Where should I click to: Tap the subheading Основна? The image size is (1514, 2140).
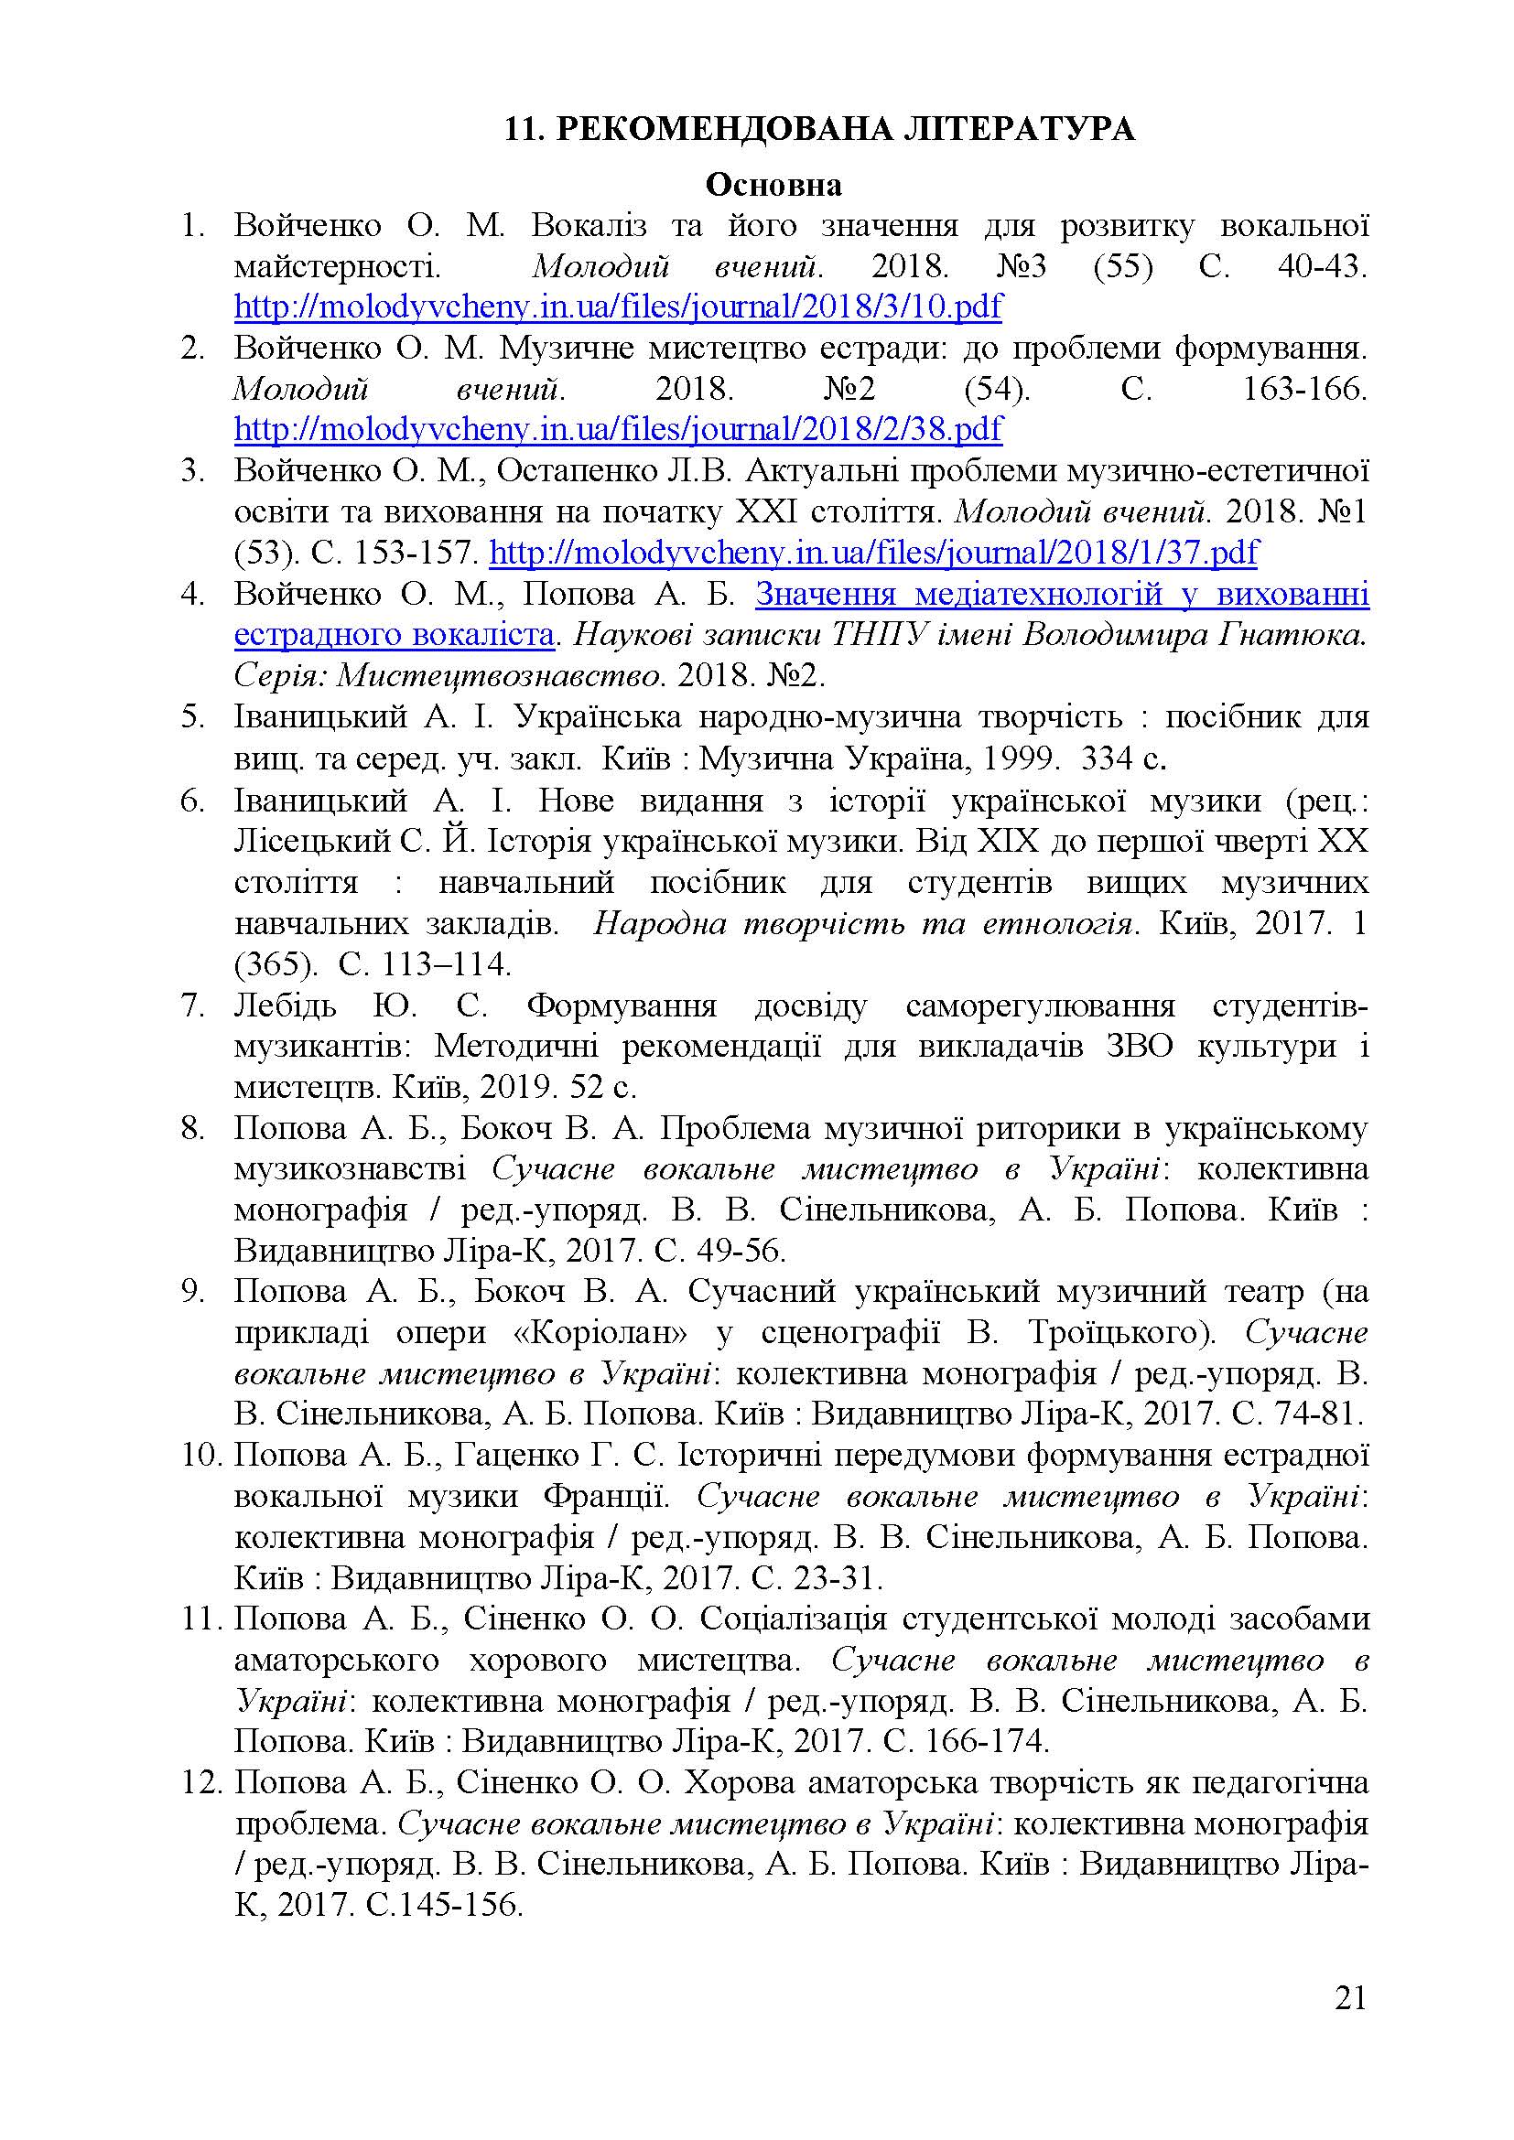coord(773,186)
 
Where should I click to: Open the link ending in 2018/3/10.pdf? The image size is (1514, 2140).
coord(618,306)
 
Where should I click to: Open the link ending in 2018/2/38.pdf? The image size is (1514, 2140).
coord(618,430)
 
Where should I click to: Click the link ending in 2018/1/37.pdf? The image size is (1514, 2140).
coord(873,553)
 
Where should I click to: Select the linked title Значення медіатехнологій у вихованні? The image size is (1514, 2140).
coord(1062,594)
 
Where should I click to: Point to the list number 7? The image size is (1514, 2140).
coord(192,1005)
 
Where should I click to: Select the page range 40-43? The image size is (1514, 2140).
coord(1318,267)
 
